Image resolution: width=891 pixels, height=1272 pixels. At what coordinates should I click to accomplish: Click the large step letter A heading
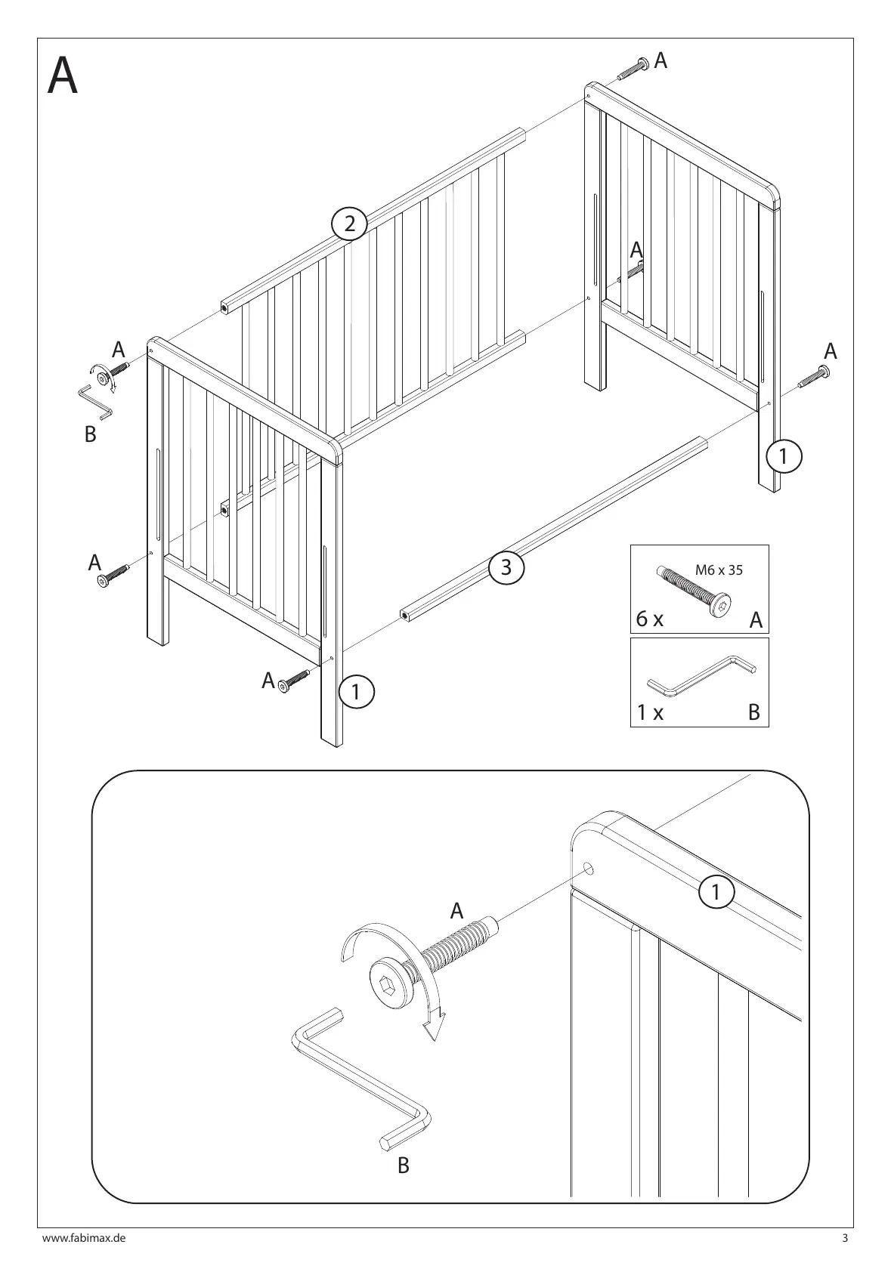click(62, 76)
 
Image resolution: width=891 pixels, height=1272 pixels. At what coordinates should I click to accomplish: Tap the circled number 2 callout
click(349, 224)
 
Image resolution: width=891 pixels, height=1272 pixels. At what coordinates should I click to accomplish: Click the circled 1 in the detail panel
click(716, 892)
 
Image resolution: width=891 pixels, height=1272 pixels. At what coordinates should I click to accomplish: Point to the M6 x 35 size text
click(718, 570)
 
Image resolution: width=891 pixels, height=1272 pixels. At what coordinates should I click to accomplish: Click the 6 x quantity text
click(649, 619)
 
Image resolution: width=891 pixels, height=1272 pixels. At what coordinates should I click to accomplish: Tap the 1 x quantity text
click(649, 712)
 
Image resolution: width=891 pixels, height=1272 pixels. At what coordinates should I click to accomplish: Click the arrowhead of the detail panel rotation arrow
click(433, 1028)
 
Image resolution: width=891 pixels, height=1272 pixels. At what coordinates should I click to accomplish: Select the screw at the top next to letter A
click(633, 69)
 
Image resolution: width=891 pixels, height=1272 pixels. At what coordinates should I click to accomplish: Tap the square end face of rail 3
click(406, 616)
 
